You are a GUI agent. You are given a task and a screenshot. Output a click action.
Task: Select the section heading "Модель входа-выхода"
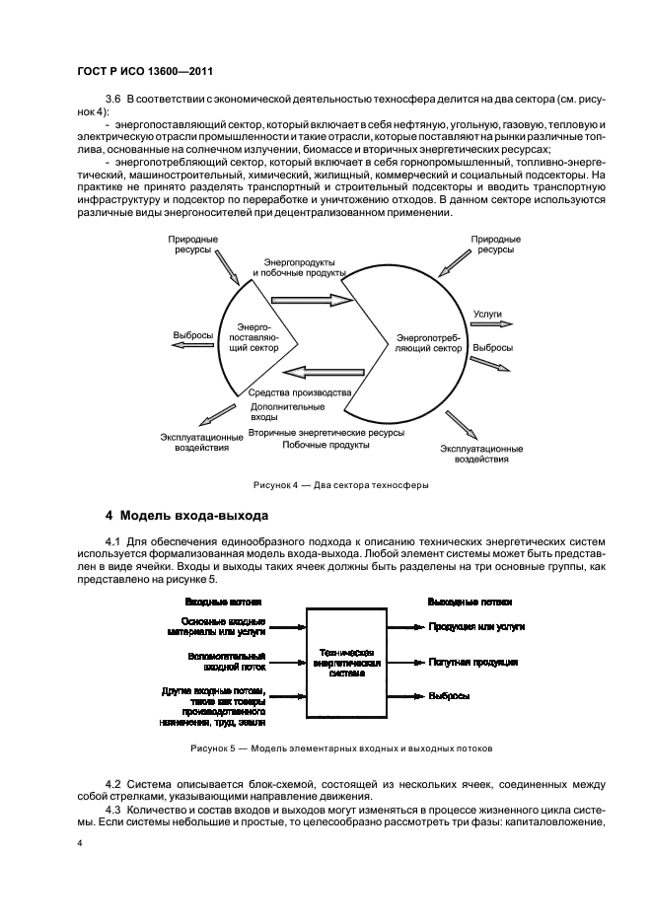187,515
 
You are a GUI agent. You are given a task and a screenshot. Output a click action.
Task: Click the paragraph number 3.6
111,102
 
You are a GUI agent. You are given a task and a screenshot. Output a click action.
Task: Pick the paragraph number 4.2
111,781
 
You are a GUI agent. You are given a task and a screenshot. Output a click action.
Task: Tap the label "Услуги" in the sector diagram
487,314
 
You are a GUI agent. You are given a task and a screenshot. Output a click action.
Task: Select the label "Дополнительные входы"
287,412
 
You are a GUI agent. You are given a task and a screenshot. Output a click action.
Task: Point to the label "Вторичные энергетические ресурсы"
312,432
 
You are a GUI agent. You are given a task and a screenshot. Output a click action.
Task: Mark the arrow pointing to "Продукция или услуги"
404,626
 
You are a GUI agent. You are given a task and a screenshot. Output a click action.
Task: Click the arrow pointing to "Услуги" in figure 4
488,323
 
